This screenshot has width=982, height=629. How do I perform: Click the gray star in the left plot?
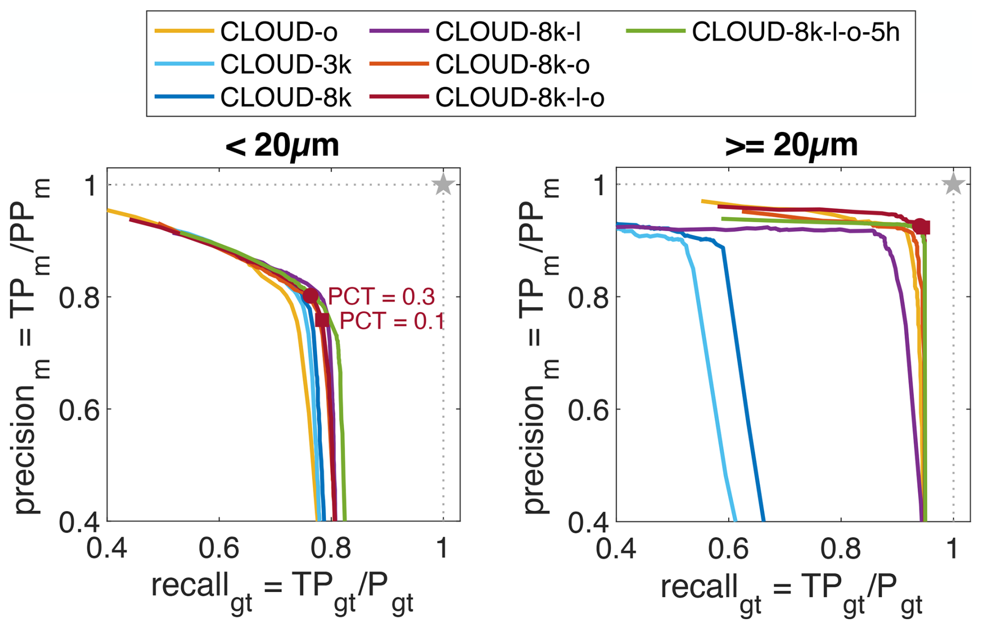tap(443, 184)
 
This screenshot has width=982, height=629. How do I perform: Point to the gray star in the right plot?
tap(953, 184)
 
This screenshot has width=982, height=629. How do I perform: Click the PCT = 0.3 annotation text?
tap(381, 297)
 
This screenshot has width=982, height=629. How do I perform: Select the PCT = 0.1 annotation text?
tap(392, 321)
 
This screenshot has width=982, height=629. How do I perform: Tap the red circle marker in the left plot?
tap(310, 296)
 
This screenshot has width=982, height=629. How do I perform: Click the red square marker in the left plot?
tap(322, 320)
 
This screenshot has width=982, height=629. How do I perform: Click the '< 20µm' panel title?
tap(282, 145)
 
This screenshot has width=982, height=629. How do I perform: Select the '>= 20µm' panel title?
tap(791, 145)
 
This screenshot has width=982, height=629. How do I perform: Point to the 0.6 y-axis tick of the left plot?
tap(79, 410)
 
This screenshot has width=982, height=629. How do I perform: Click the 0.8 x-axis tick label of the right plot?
tap(841, 549)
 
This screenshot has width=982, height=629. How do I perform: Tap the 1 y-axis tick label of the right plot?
tap(600, 185)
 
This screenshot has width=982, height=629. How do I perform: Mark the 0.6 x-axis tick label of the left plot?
tap(219, 549)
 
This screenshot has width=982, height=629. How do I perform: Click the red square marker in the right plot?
tap(924, 228)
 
